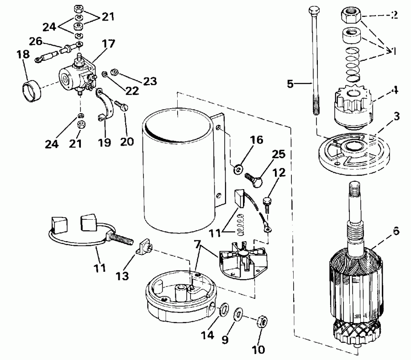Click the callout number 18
point(23,55)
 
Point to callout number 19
point(105,143)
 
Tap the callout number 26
point(36,42)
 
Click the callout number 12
point(279,173)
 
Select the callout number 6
point(395,231)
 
